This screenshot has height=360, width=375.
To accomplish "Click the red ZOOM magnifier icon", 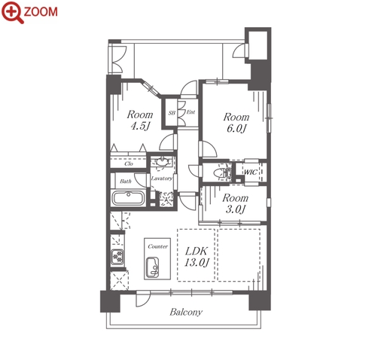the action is tap(13, 12).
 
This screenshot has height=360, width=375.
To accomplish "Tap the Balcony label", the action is tap(186, 312).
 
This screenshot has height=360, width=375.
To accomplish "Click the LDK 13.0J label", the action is tap(197, 257).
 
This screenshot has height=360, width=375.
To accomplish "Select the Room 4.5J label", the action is tap(140, 120).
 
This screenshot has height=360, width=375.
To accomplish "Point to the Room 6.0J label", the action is tap(236, 123).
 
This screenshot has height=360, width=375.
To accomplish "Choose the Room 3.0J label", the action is tap(235, 203).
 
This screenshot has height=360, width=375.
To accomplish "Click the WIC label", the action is tap(251, 172).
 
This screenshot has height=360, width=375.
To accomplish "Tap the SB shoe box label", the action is tap(172, 113).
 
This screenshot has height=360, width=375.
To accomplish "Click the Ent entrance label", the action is tap(191, 112).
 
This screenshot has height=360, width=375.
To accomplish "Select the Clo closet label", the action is tap(129, 163).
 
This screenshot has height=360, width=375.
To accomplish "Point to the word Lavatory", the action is tap(162, 178).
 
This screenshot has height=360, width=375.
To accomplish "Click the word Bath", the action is tap(126, 181).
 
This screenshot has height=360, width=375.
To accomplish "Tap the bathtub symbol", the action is tap(128, 198).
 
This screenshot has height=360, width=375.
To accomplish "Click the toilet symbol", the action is tap(222, 172).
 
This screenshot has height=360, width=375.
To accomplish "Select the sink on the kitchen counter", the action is tap(152, 267).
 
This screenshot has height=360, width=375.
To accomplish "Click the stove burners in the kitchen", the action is tap(117, 257).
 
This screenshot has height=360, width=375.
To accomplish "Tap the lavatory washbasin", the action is tap(162, 162).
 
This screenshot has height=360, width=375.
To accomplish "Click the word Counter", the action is tap(157, 246).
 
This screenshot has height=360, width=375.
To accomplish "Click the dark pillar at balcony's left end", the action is tap(110, 301).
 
